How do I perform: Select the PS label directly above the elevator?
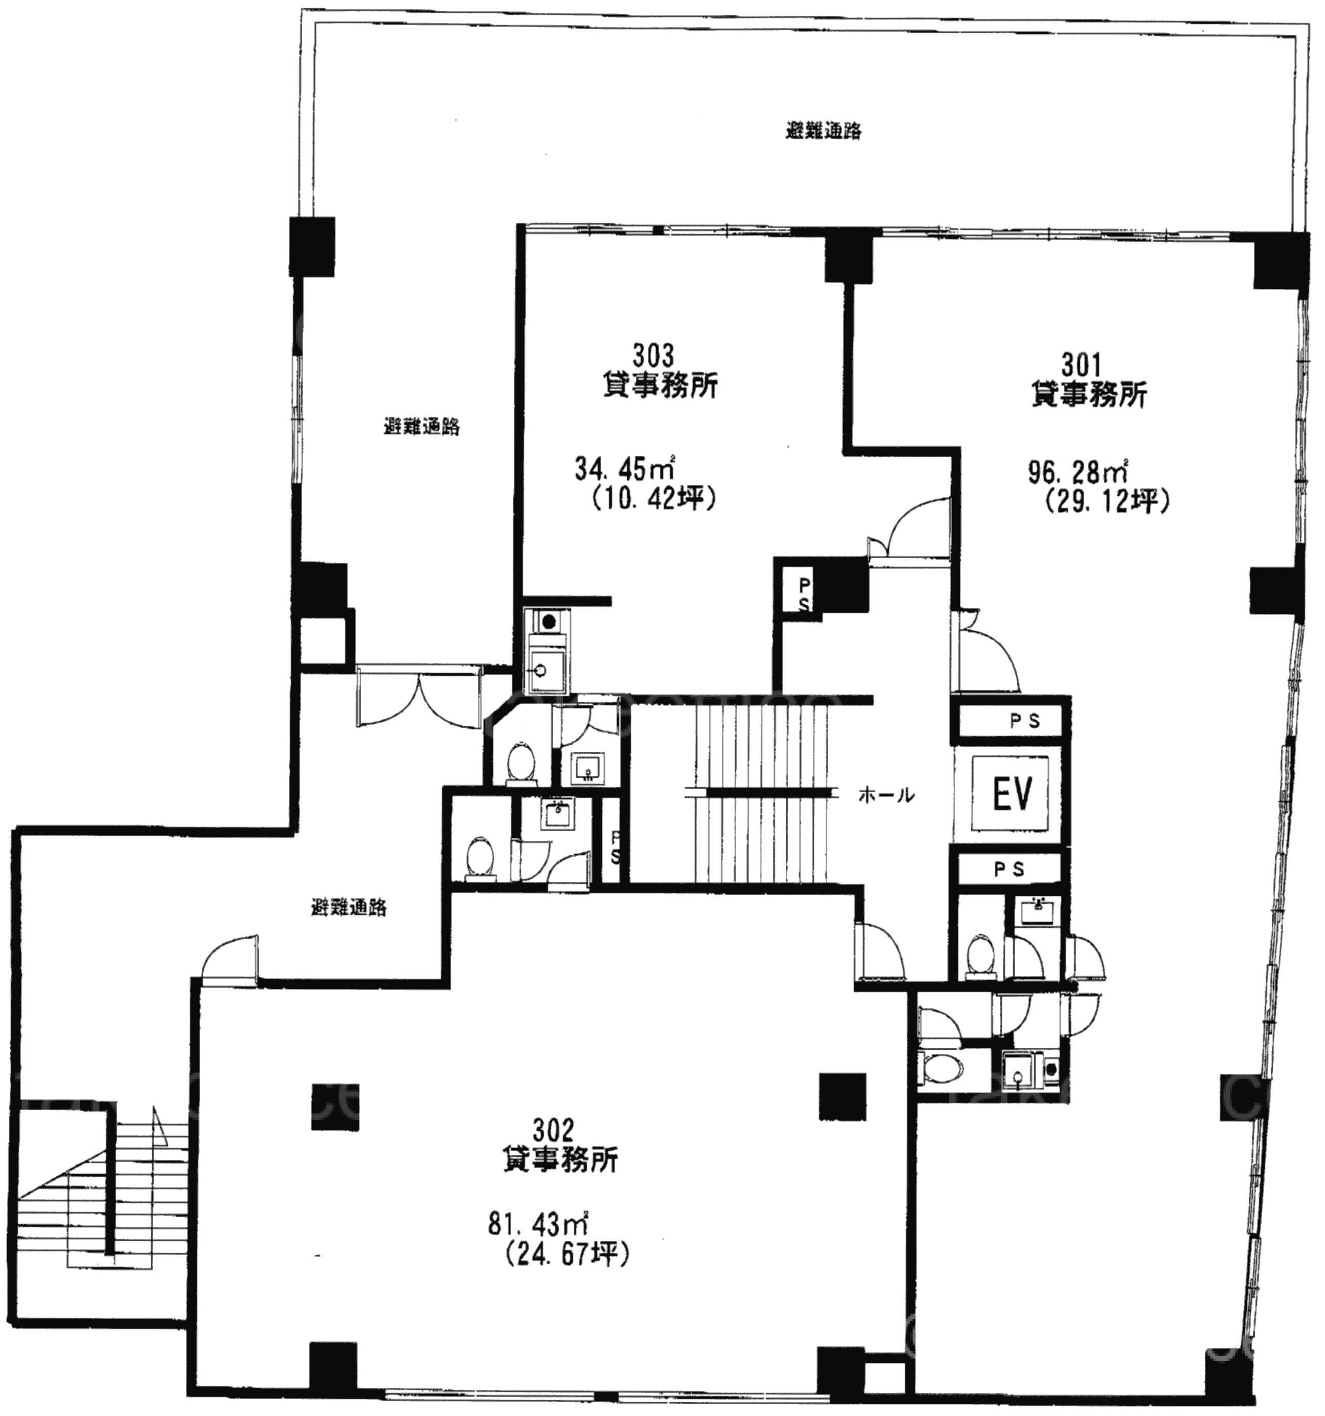1025,721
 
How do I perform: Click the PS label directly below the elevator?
1008,869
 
